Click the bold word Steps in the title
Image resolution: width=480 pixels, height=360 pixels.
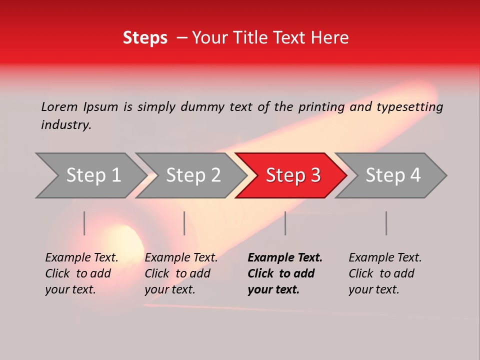coord(145,38)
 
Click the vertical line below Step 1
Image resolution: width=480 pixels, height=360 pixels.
coord(84,223)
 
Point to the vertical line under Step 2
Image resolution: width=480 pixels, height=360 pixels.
coord(184,223)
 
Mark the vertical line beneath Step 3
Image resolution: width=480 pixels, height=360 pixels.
coord(285,223)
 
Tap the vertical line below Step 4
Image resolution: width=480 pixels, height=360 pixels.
coord(386,223)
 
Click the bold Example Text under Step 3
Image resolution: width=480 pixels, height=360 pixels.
coord(285,258)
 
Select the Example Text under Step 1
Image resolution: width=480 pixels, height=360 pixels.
coord(81,258)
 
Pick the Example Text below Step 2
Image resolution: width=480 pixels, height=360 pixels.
coord(181,258)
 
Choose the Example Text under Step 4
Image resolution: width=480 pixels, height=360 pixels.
coord(385,258)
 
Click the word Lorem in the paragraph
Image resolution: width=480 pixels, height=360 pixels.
coord(59,106)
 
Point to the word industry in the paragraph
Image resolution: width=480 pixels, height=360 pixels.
coord(65,125)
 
